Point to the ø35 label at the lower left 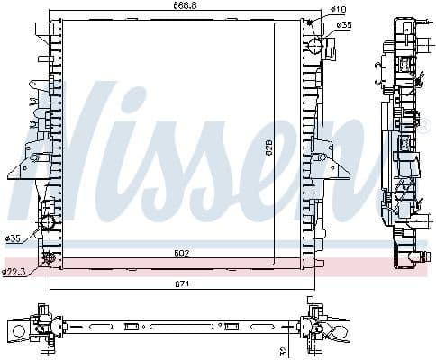(13, 238)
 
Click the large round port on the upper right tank (315, 46)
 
